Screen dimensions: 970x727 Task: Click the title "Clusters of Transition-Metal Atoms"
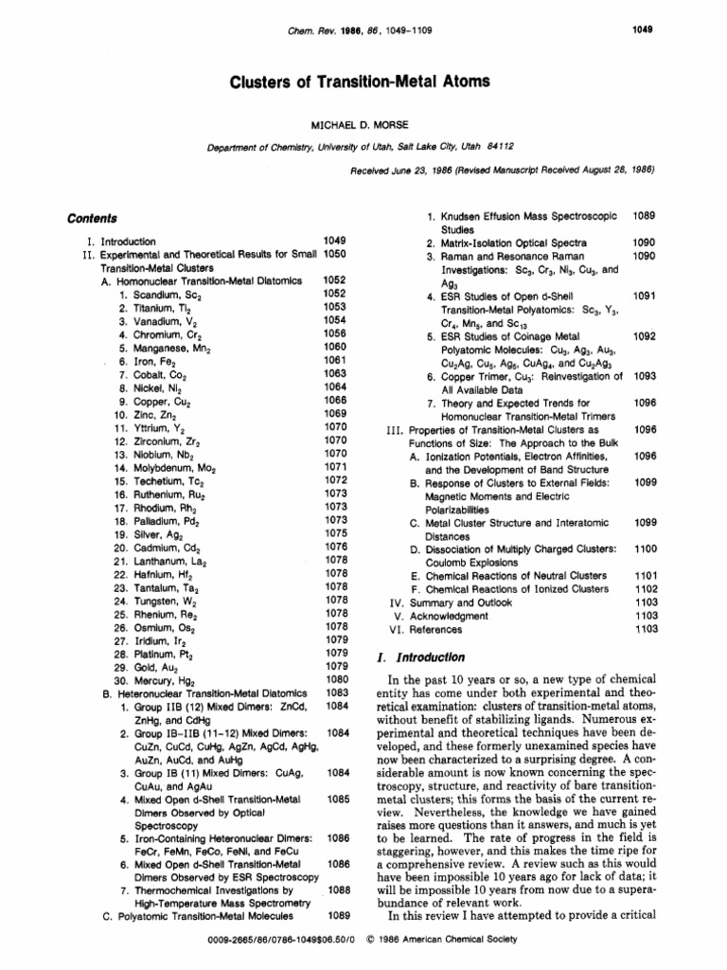361,81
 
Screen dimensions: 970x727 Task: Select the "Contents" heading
92,217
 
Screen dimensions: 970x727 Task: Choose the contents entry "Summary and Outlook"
451,602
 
